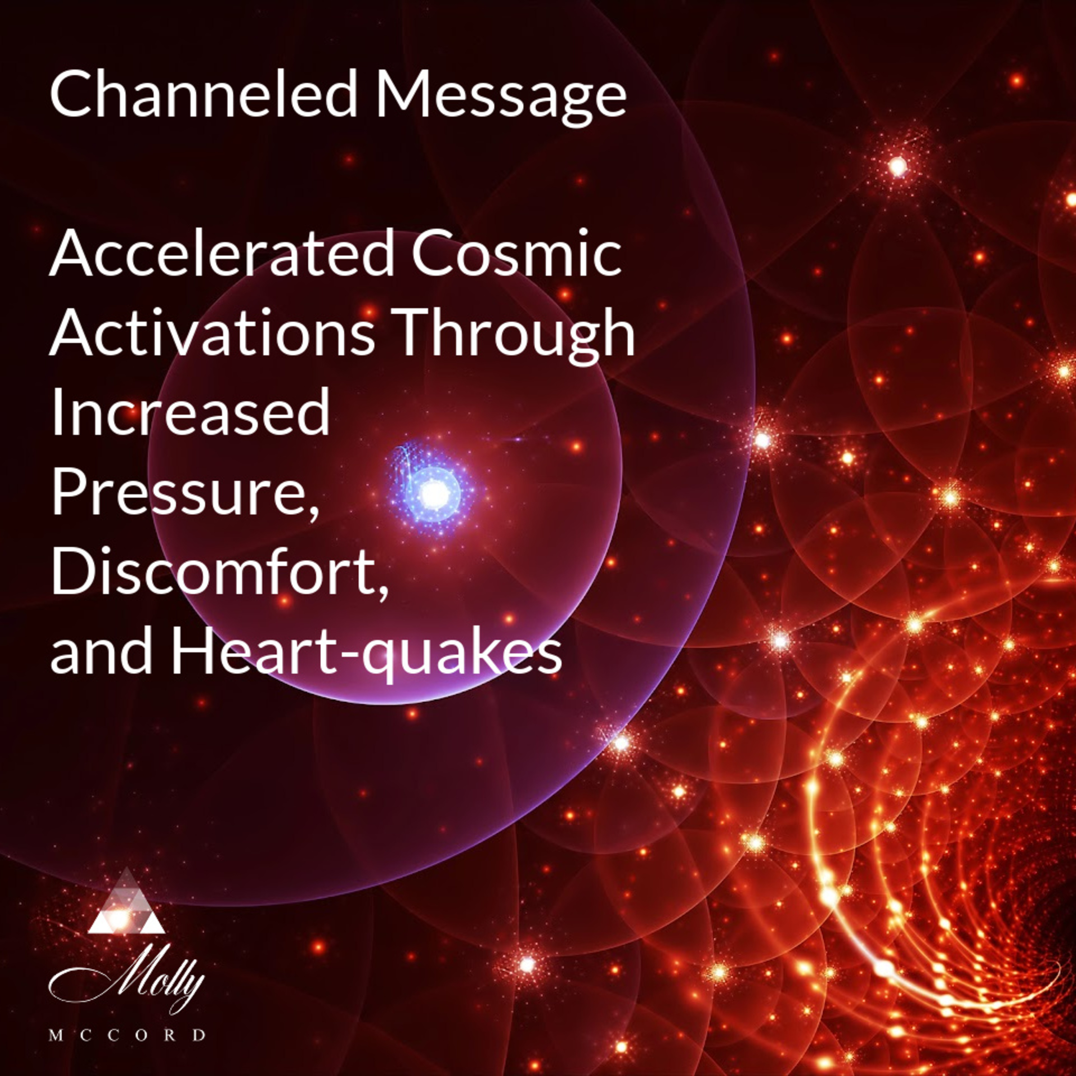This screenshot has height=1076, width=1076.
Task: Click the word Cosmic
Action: [516, 254]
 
